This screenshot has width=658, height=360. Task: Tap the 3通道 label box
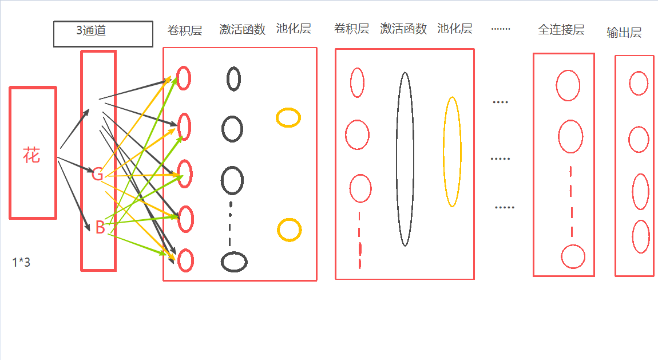103,34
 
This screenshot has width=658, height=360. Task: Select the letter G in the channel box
98,175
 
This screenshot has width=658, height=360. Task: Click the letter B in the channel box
100,228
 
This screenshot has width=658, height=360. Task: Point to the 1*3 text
21,263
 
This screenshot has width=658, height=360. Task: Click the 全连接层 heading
561,30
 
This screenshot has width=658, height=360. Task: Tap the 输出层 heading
624,33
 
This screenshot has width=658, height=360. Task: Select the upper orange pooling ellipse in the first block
288,117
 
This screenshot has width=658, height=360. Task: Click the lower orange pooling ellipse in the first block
289,230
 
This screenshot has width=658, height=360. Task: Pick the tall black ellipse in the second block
405,159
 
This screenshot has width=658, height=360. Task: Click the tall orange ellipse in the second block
452,152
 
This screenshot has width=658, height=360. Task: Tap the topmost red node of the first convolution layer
183,78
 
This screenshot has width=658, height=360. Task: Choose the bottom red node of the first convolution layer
185,260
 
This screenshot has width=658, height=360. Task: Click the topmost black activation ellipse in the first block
233,79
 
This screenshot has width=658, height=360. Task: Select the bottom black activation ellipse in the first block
234,262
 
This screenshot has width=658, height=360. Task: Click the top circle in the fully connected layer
568,85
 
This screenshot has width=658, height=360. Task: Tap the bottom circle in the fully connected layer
573,256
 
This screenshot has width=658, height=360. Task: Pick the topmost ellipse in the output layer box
639,83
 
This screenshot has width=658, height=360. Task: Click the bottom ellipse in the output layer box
641,236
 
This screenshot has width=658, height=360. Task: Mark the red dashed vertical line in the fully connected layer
571,200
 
